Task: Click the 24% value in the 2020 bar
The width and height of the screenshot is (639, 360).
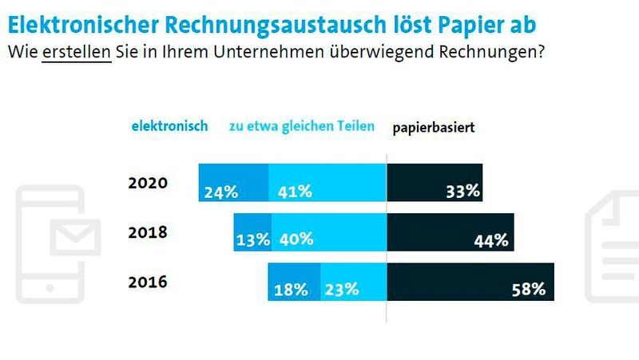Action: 221,192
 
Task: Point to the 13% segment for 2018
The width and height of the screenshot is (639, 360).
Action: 252,239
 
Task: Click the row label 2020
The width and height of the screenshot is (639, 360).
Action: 148,183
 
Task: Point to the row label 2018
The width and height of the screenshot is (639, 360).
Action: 148,233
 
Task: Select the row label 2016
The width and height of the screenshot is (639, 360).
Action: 148,283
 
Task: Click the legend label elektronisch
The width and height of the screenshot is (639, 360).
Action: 169,126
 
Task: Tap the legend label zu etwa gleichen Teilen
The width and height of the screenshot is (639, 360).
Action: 302,126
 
